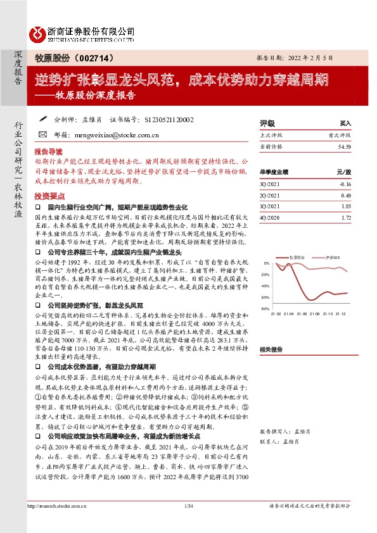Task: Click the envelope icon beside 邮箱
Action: pyautogui.click(x=42, y=135)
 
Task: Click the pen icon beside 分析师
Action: pyautogui.click(x=42, y=118)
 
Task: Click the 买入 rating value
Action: pyautogui.click(x=345, y=123)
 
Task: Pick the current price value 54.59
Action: pyautogui.click(x=344, y=146)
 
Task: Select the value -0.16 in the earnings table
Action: pyautogui.click(x=344, y=184)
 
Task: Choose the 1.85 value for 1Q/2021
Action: pyautogui.click(x=345, y=206)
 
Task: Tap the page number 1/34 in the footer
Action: pyautogui.click(x=188, y=522)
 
